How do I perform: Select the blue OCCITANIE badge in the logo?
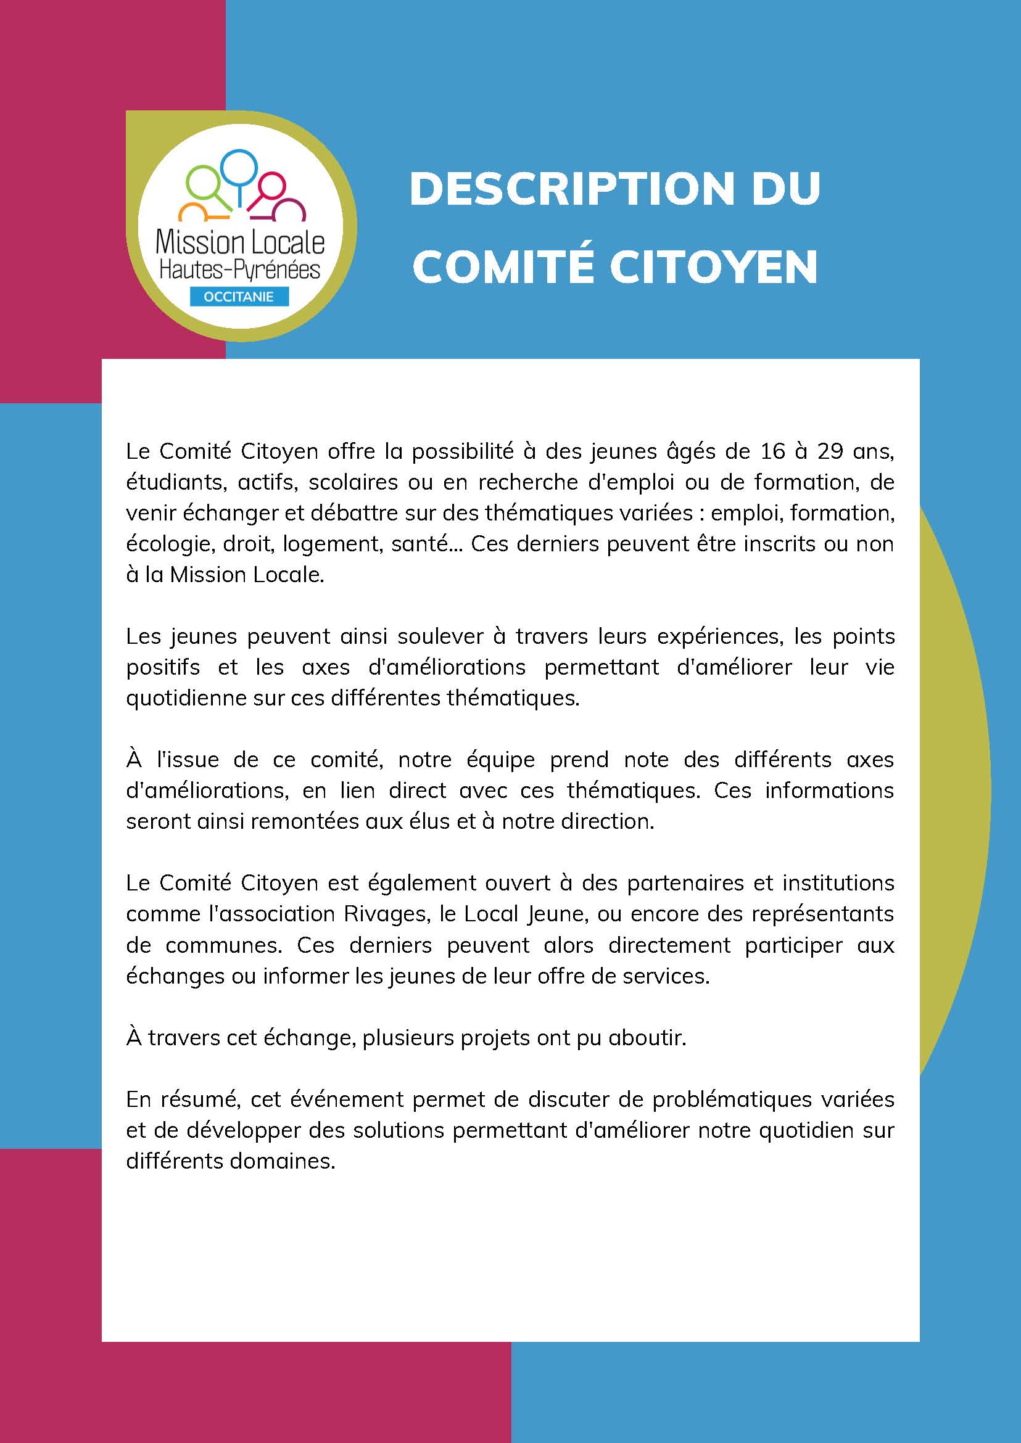coord(239,297)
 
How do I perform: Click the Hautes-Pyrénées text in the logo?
coord(239,269)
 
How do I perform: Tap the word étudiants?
coord(166,482)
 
